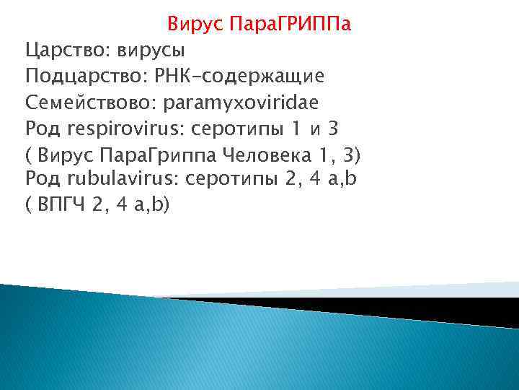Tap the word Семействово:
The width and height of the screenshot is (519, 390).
pyautogui.click(x=91, y=103)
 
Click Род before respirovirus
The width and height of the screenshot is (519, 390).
pyautogui.click(x=44, y=128)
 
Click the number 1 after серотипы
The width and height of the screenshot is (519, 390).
pyautogui.click(x=293, y=128)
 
